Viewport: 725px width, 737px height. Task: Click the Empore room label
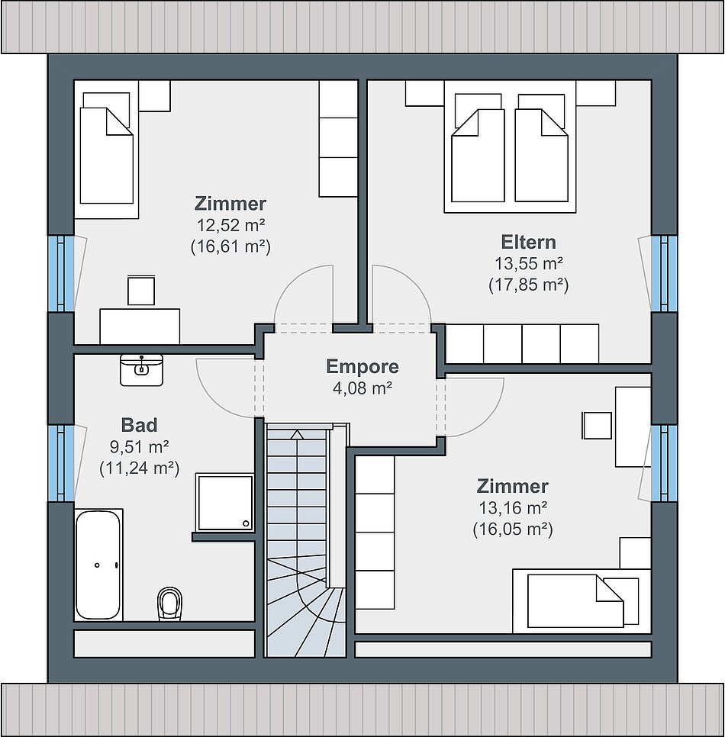pos(362,367)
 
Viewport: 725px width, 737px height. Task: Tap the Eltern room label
pos(528,242)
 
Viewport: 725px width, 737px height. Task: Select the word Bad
pos(139,425)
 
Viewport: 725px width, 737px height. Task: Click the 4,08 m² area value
pos(362,388)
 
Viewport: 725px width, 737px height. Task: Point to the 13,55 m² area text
pos(528,264)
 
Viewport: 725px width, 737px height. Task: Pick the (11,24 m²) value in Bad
pos(139,468)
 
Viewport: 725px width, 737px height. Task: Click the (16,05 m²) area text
pos(513,529)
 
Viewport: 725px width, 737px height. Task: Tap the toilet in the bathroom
pos(169,603)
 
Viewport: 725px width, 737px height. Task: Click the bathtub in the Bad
pos(98,565)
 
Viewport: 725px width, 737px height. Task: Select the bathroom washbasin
pos(141,370)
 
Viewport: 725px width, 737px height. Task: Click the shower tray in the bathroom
pos(224,503)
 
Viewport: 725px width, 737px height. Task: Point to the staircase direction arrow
pos(297,434)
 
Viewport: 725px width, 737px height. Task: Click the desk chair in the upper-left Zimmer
pos(141,290)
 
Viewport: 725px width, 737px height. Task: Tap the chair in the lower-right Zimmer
pos(597,426)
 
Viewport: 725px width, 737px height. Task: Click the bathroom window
pos(61,463)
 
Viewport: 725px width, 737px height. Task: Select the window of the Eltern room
pos(664,274)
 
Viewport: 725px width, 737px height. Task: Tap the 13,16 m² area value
pos(513,507)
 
